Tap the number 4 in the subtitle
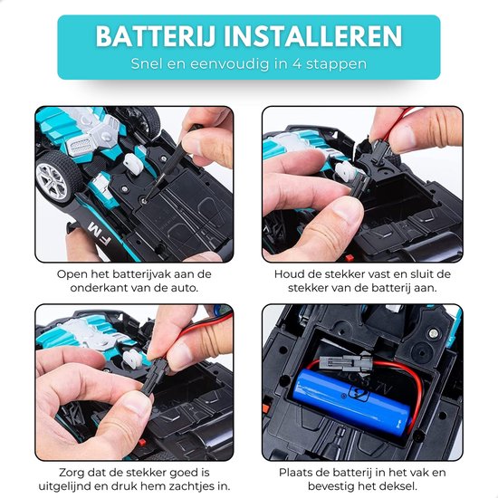click(297, 64)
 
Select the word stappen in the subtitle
click(336, 64)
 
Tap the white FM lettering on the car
click(100, 234)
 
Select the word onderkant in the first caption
click(98, 288)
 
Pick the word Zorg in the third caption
click(72, 473)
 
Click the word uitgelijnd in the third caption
click(66, 486)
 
